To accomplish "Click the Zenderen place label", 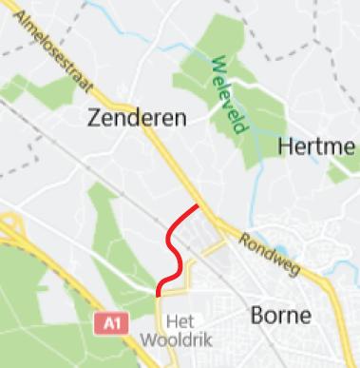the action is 136,118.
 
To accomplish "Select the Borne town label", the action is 281,315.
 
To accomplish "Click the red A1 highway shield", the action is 111,323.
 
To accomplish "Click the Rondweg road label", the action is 269,255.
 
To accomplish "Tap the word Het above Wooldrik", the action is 178,321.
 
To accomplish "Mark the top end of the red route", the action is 197,205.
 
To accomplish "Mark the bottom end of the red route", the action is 158,295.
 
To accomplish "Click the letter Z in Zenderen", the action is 93,118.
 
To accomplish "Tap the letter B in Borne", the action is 256,315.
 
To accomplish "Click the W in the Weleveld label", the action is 218,65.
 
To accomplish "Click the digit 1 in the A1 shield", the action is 116,323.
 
